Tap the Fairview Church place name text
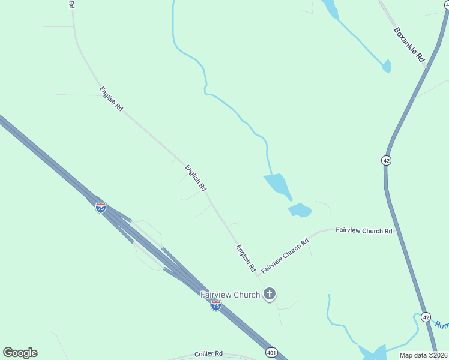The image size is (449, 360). (x=230, y=295)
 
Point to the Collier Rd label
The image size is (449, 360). (x=208, y=354)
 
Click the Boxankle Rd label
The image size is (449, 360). (x=409, y=44)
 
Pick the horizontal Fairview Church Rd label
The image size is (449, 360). (x=364, y=230)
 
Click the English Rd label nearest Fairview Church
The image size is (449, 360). (x=246, y=259)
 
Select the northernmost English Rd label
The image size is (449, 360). (x=112, y=99)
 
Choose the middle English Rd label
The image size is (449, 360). (x=196, y=178)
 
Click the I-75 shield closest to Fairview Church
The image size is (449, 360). (x=215, y=305)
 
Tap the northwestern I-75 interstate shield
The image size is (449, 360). (x=101, y=208)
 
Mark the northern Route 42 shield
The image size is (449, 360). (x=386, y=160)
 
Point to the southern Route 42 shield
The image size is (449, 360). (x=426, y=316)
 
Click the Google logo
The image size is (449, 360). (x=20, y=353)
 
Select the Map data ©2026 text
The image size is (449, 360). (x=423, y=355)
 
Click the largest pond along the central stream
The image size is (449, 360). (x=277, y=185)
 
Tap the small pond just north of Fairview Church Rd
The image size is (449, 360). (x=300, y=210)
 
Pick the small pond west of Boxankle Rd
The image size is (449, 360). (x=387, y=66)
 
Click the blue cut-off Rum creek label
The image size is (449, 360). (x=441, y=325)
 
